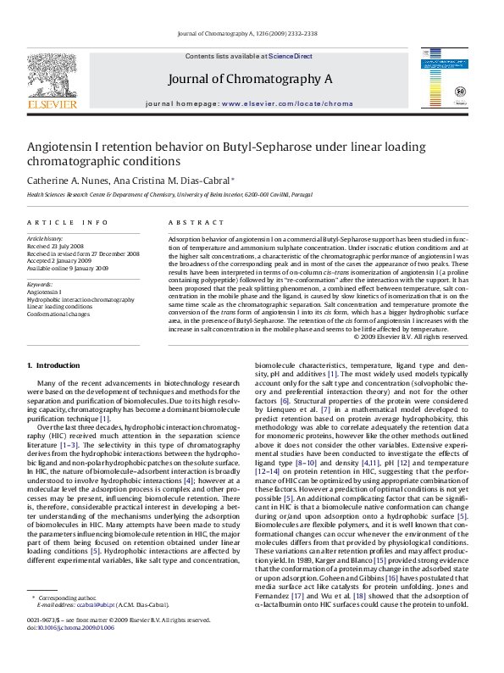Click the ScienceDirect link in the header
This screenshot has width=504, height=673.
[291, 55]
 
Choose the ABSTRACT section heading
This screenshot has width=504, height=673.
[189, 222]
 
